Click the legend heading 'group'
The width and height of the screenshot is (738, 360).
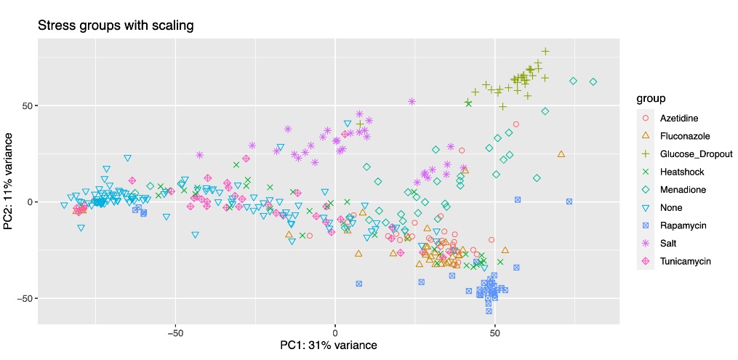(x=651, y=98)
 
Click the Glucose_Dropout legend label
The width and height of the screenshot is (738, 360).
(x=696, y=154)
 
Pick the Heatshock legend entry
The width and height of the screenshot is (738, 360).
(x=682, y=172)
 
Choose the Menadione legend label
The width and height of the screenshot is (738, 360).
(x=683, y=190)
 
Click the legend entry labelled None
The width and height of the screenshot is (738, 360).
(x=671, y=207)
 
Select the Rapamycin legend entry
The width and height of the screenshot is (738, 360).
(x=684, y=225)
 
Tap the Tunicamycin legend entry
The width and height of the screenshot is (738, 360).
(x=686, y=261)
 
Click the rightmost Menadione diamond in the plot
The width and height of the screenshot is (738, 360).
(x=593, y=82)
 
